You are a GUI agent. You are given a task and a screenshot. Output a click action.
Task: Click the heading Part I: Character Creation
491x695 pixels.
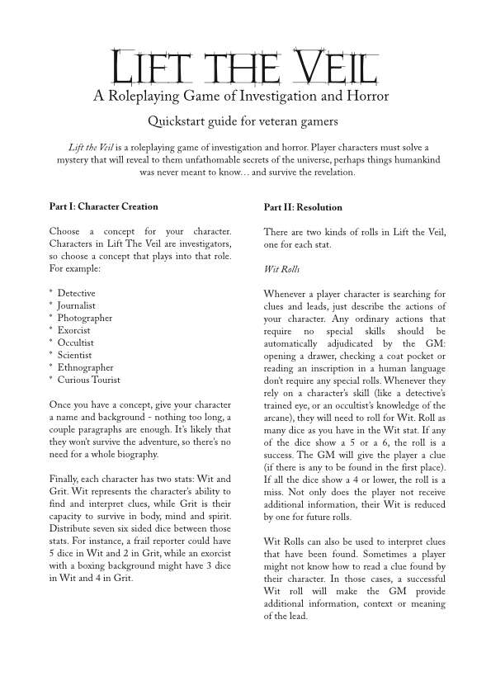coord(103,206)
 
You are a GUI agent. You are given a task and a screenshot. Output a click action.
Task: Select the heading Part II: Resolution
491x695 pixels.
coord(303,207)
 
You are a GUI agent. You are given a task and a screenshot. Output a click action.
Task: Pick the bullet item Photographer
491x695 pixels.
coord(84,318)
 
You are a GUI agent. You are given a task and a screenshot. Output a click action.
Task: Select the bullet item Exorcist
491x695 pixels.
coord(74,330)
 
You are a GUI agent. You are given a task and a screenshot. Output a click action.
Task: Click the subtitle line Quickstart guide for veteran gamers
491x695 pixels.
coord(245,122)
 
